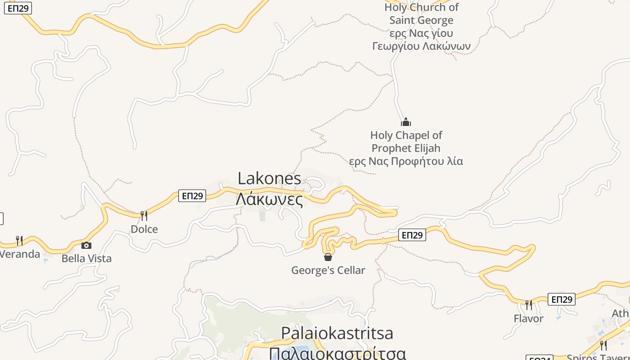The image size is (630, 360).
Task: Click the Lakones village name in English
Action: [269, 179]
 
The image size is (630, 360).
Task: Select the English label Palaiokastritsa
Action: [337, 333]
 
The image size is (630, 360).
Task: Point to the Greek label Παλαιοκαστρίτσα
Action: [337, 353]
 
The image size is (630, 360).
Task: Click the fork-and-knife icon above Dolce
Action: [144, 216]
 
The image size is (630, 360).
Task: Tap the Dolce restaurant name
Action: [144, 229]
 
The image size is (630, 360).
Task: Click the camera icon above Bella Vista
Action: [86, 245]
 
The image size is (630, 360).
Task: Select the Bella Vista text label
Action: [86, 258]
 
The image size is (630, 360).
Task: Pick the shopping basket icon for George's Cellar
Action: [328, 257]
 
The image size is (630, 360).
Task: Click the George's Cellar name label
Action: [328, 270]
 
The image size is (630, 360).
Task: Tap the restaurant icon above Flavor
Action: [529, 305]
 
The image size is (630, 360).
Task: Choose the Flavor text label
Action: [529, 319]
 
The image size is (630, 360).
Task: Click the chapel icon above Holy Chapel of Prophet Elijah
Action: [406, 122]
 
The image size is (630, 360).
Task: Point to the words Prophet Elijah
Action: [406, 148]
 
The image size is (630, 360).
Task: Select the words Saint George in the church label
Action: [421, 20]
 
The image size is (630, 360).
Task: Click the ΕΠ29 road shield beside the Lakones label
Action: [192, 196]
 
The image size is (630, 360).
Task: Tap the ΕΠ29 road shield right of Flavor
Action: [561, 299]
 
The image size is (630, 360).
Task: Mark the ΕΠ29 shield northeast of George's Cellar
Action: [412, 235]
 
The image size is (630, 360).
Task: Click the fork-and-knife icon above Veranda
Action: [19, 241]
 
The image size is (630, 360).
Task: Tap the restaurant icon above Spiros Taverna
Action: [603, 345]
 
